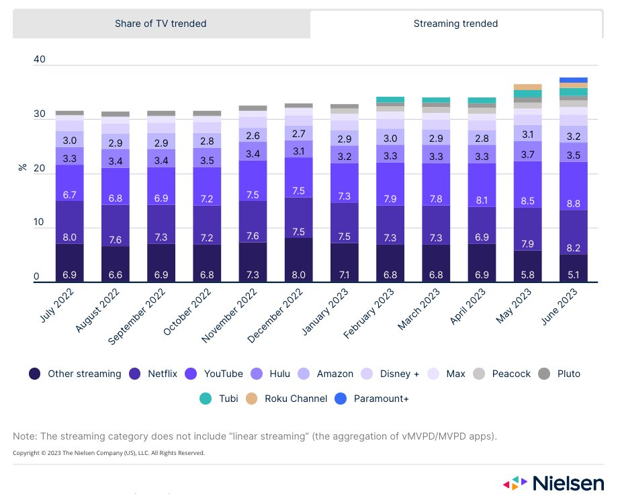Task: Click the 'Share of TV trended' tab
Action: (161, 24)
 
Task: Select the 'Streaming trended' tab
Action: (455, 24)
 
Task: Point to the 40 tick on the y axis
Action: (39, 60)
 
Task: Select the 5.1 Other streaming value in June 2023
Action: (574, 276)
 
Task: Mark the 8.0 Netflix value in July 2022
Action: (69, 237)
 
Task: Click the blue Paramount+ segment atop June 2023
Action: (574, 80)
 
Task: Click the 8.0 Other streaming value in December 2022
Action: (299, 276)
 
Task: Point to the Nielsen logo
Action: (555, 483)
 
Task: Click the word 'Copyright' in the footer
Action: (28, 453)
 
